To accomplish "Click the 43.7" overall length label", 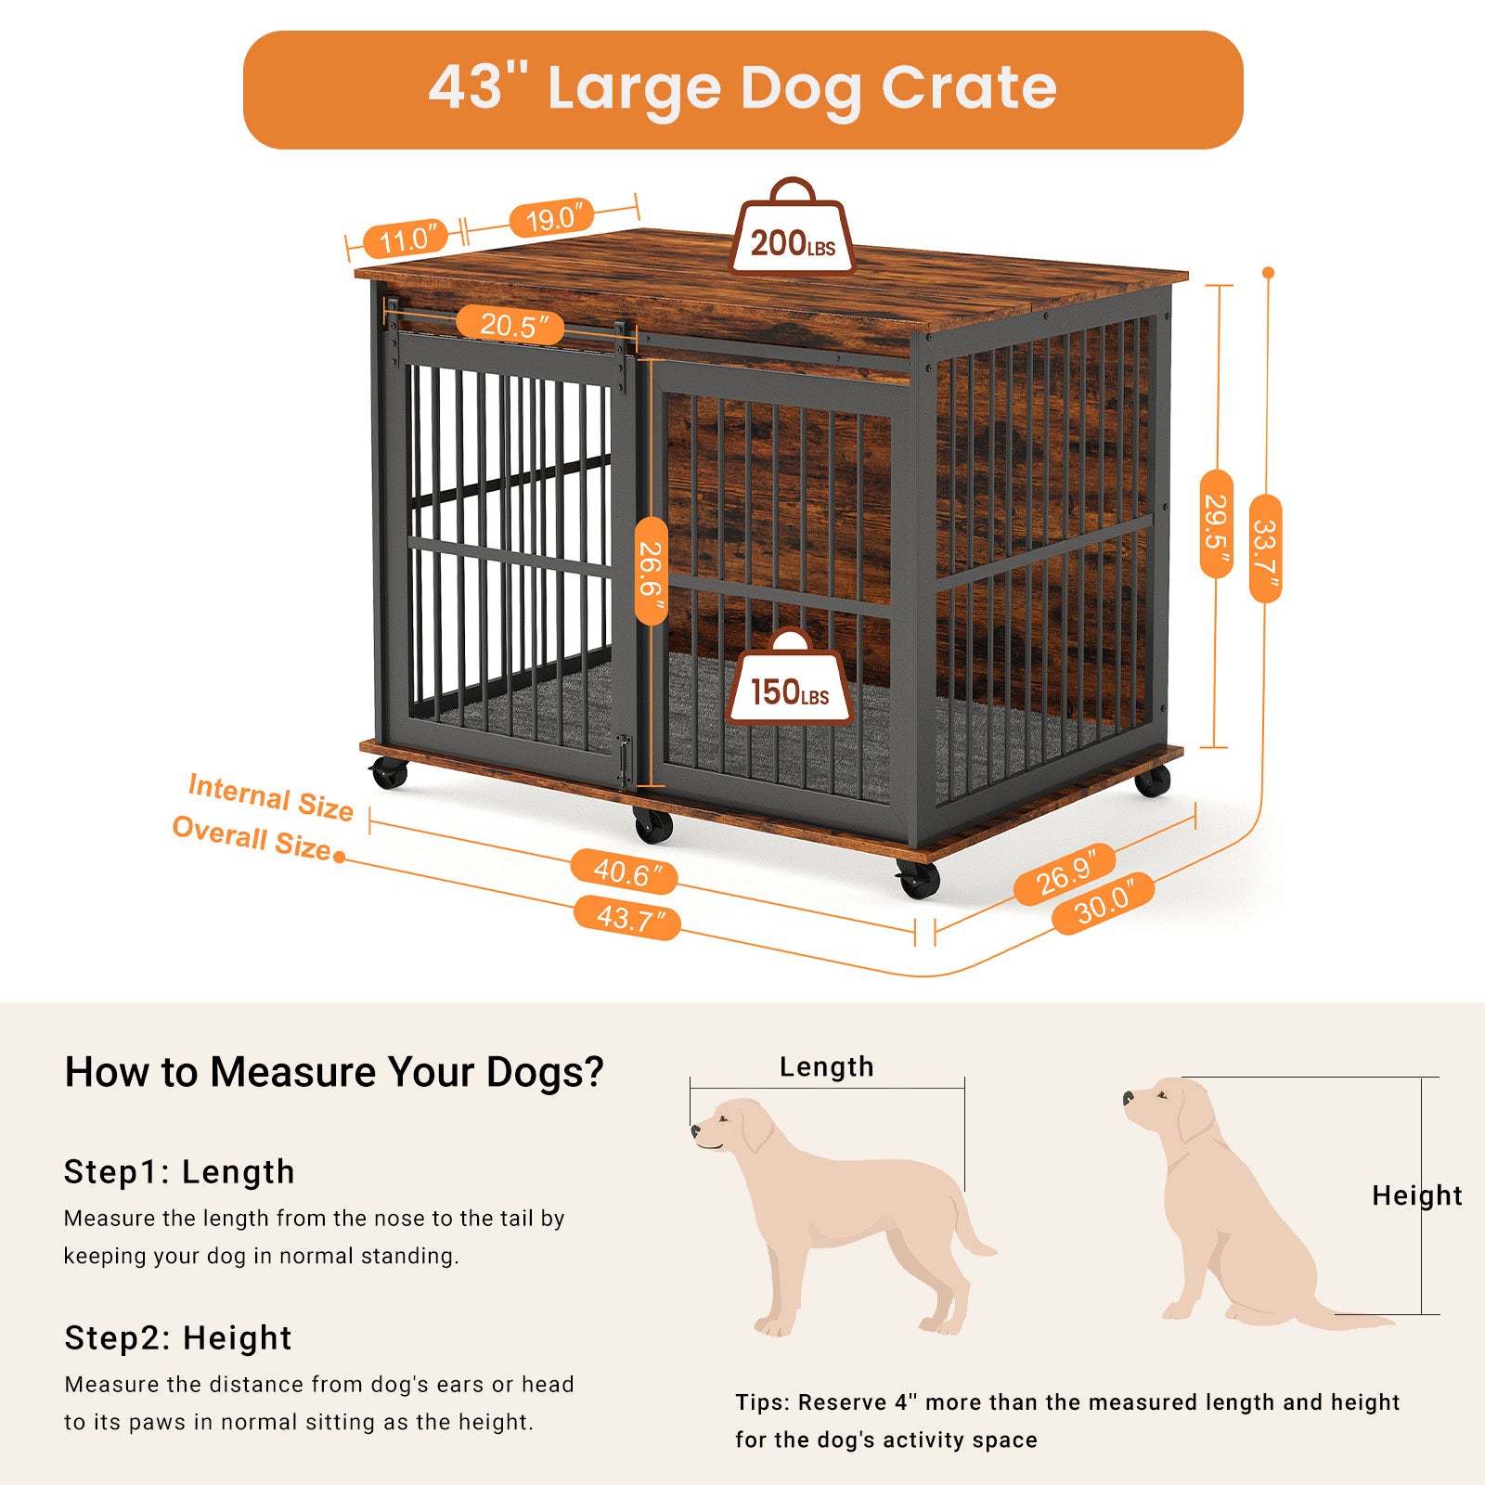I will click(x=627, y=918).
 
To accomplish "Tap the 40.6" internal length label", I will click(x=624, y=872).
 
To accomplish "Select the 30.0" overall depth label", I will click(x=1103, y=903).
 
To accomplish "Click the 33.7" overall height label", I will click(x=1265, y=549).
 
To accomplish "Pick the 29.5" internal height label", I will click(x=1217, y=523).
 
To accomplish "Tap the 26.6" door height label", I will click(x=652, y=571).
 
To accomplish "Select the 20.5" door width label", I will click(x=510, y=325).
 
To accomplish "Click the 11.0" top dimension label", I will click(x=405, y=239).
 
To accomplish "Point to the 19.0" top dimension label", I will click(x=551, y=219).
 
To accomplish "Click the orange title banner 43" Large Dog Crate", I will click(x=742, y=89).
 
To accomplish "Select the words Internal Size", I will click(x=271, y=797).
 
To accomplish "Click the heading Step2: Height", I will click(x=177, y=1337).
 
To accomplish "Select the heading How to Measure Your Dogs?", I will click(x=333, y=1072).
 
